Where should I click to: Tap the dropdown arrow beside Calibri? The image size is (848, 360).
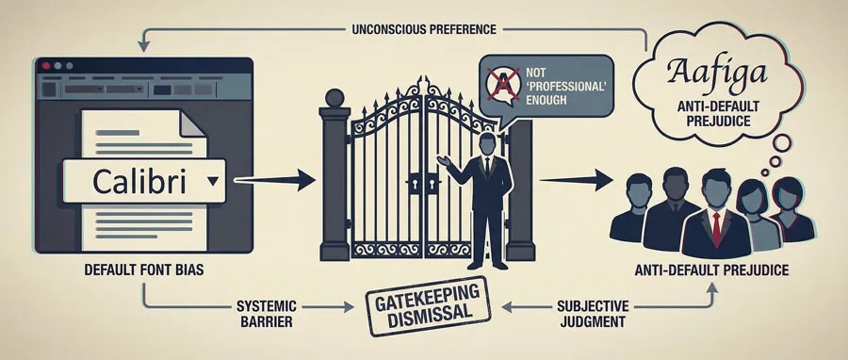click(x=212, y=178)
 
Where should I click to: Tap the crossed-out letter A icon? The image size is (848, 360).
click(x=503, y=84)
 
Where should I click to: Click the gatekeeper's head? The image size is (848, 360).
click(x=486, y=145)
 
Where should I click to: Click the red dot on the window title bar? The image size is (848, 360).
click(x=46, y=67)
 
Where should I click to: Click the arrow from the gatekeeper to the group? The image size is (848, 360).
click(x=578, y=176)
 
